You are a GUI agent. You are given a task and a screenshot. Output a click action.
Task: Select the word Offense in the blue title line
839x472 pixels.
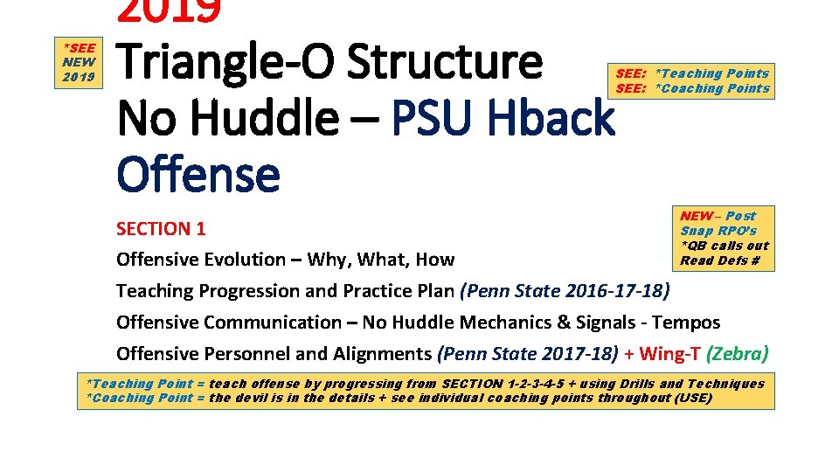pyautogui.click(x=198, y=174)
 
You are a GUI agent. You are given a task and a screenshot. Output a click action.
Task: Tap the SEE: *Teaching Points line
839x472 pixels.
pyautogui.click(x=692, y=73)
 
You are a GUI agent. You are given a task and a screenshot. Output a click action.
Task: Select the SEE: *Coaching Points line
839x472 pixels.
pyautogui.click(x=692, y=88)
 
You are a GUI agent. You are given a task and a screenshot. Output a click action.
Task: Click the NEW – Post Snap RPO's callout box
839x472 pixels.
pyautogui.click(x=724, y=238)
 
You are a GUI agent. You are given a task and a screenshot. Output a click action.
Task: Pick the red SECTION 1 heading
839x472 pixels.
pyautogui.click(x=161, y=229)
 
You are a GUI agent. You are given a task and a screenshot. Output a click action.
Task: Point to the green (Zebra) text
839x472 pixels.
pyautogui.click(x=738, y=354)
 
